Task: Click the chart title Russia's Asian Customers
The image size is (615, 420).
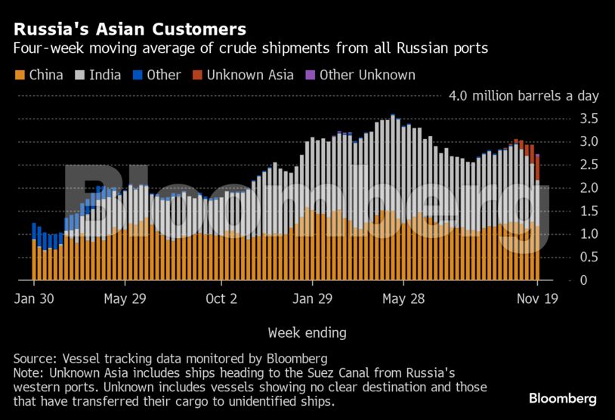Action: tap(129, 29)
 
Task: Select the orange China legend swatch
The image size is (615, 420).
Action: tap(20, 75)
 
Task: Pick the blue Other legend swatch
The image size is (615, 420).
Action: tap(138, 75)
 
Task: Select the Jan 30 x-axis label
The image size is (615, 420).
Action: tap(33, 299)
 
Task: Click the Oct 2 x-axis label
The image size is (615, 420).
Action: tap(221, 299)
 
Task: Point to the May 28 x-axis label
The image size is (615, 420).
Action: tap(404, 299)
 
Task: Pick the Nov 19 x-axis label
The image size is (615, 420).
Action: tap(536, 299)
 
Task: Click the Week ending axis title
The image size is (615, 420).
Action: tap(307, 332)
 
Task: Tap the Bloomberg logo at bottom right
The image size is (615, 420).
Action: tap(562, 398)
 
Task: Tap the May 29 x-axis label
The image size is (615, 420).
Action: tap(125, 299)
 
